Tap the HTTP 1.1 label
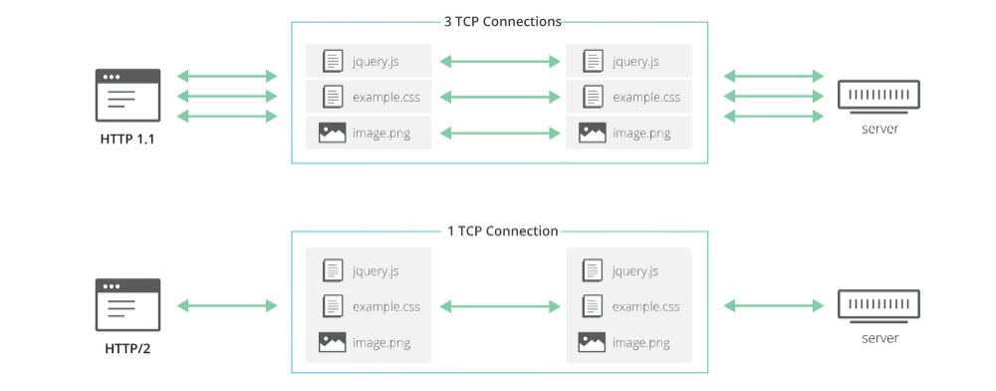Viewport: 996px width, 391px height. (126, 139)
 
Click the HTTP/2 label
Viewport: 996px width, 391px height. (126, 348)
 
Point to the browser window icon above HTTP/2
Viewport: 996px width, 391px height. (127, 305)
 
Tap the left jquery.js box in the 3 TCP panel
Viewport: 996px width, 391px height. (369, 61)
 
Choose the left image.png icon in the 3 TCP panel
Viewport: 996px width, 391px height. (332, 133)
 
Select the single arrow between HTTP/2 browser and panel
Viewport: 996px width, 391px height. (226, 305)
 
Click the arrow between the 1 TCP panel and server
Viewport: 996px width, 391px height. (774, 305)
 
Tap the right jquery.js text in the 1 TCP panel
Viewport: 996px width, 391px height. (635, 270)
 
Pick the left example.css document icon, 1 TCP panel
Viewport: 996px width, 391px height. (333, 306)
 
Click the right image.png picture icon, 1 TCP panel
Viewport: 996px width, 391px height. (592, 343)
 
